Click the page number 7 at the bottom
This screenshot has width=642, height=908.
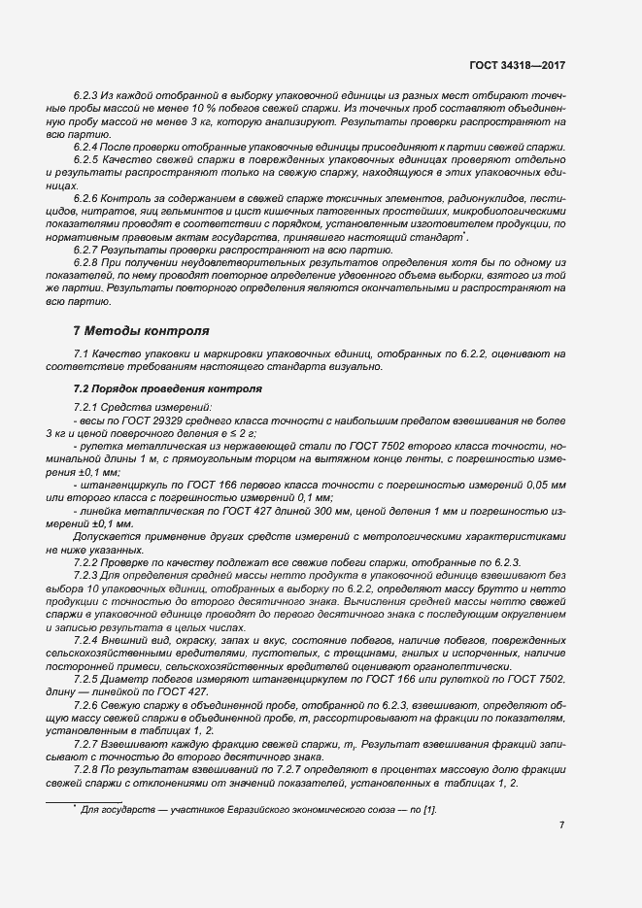pyautogui.click(x=561, y=824)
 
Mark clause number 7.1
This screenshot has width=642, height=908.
pyautogui.click(x=82, y=354)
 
